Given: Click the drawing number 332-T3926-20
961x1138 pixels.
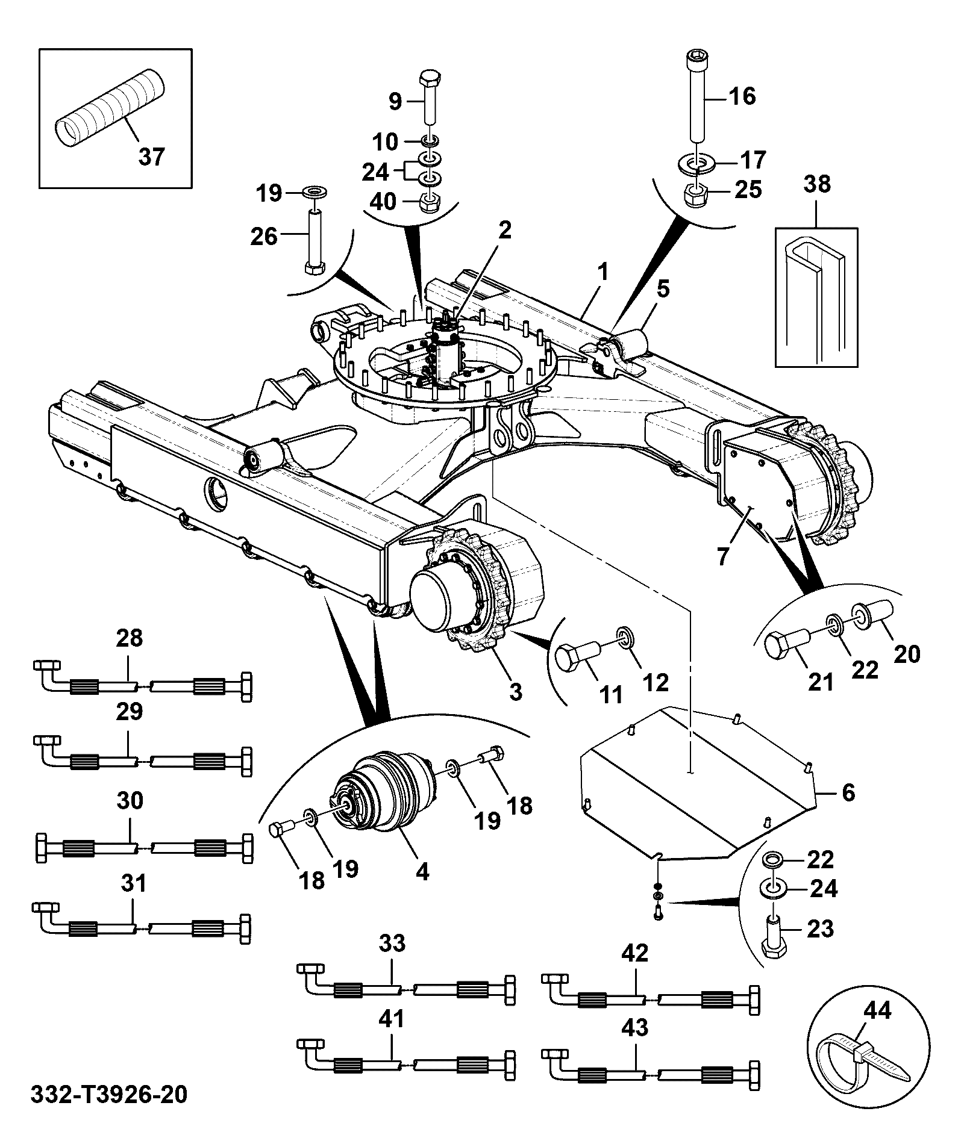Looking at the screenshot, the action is tap(108, 1094).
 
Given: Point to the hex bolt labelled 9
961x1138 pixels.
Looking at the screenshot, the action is tap(430, 97).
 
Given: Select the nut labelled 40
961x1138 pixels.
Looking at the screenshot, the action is tap(428, 202).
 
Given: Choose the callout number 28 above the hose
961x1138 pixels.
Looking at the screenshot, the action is tap(129, 638).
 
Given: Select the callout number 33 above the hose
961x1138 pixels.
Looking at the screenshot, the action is tap(392, 944).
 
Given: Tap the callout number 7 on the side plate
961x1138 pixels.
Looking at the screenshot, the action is tap(722, 553).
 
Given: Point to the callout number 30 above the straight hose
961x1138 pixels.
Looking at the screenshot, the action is tap(130, 801).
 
